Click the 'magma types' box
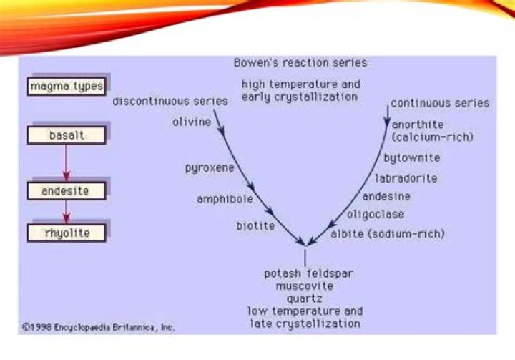[67, 87]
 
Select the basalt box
[67, 135]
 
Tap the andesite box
[67, 191]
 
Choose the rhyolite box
[67, 233]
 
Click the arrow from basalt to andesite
[67, 163]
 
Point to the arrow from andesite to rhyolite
[67, 212]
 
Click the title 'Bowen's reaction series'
[300, 63]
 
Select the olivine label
[192, 122]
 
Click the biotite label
[255, 226]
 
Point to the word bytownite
[411, 157]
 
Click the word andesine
[386, 195]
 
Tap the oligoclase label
[376, 214]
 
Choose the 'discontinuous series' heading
[170, 101]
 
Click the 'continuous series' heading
[440, 103]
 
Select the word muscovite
[304, 286]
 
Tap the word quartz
[305, 299]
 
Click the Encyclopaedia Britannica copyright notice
[98, 326]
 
